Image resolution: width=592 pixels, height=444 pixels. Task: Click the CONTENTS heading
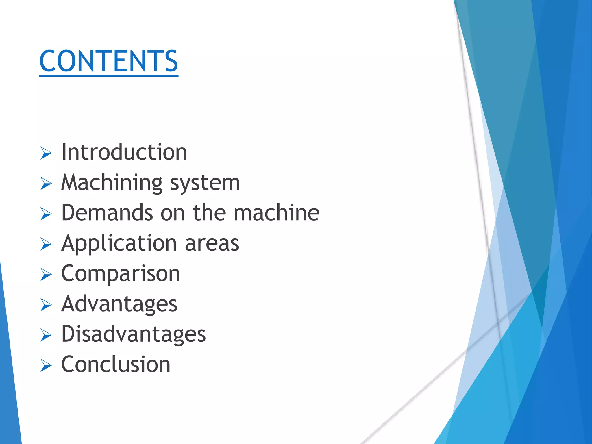click(x=108, y=61)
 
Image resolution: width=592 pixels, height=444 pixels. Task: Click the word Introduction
click(x=124, y=152)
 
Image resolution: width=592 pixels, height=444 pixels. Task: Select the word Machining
click(x=112, y=183)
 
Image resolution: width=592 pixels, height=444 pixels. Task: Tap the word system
click(x=205, y=183)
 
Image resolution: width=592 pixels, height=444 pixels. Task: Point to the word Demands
click(x=107, y=213)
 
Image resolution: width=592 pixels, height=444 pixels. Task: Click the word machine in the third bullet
click(x=276, y=213)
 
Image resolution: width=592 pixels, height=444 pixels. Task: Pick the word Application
click(x=119, y=244)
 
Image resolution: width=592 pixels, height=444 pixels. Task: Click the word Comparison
click(x=121, y=274)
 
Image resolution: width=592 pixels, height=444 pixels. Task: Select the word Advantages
click(x=119, y=304)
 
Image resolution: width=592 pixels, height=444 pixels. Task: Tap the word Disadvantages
click(x=134, y=334)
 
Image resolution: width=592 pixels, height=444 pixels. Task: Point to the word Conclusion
click(x=116, y=365)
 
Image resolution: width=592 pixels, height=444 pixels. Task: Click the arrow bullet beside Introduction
click(x=46, y=153)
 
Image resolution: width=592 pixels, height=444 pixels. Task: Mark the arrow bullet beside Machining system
click(x=46, y=184)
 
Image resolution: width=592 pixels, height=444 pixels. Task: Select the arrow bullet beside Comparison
click(x=46, y=274)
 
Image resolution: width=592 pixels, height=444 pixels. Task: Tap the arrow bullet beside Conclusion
click(x=46, y=365)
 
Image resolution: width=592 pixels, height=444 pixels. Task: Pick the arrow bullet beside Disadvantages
click(x=46, y=335)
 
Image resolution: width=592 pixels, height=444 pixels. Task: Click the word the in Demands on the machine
click(x=209, y=213)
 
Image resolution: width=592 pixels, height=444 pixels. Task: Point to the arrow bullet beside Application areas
click(x=46, y=244)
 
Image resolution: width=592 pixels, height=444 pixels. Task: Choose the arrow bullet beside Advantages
click(x=46, y=305)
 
